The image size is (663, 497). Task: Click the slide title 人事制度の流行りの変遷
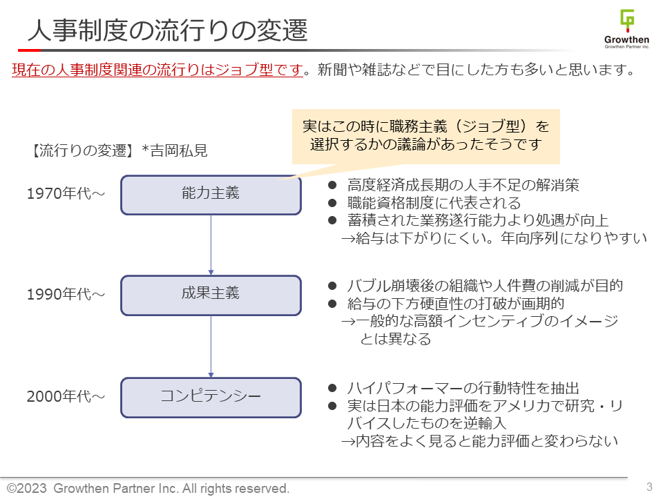(x=167, y=31)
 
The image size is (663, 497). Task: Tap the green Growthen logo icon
(x=626, y=21)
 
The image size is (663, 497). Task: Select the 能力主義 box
(x=211, y=195)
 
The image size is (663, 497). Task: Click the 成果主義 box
(x=211, y=295)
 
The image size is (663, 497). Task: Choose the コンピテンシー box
(x=211, y=397)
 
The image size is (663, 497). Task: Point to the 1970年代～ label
(x=66, y=195)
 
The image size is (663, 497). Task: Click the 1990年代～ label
(x=66, y=295)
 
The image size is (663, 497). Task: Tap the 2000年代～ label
(x=66, y=397)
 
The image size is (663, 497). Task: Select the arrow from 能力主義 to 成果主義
(x=211, y=245)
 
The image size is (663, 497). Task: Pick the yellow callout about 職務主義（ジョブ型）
(x=425, y=136)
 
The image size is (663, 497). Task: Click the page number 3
(x=649, y=487)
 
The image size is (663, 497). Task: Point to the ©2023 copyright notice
(x=148, y=488)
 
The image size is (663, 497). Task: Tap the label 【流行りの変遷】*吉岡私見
(x=117, y=150)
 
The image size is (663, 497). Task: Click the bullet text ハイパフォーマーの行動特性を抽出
(x=462, y=389)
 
